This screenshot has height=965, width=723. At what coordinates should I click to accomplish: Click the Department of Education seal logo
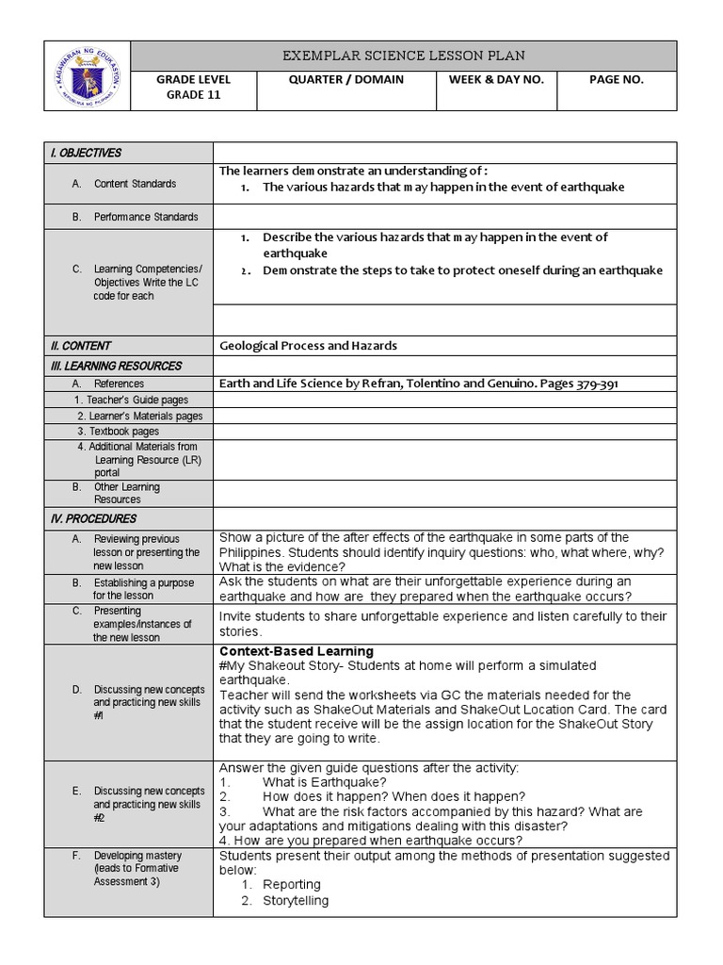[88, 76]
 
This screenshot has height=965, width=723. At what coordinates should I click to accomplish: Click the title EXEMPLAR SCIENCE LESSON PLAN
[404, 56]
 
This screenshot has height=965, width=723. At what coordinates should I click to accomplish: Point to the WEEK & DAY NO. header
[496, 80]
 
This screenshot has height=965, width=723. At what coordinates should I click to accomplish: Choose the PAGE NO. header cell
[616, 80]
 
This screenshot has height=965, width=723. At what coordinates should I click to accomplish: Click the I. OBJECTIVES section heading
[86, 153]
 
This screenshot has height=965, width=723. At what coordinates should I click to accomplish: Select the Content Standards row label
[135, 184]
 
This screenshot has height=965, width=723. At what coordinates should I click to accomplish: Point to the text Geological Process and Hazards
[308, 346]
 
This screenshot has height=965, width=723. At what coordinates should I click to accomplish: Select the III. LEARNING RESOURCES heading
[116, 366]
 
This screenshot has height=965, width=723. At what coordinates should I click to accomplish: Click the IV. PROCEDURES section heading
[93, 518]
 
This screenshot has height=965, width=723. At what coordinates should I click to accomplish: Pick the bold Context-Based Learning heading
[297, 651]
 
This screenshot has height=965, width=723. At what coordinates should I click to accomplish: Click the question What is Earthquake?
[324, 782]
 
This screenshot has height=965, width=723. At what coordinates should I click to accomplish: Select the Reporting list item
[292, 885]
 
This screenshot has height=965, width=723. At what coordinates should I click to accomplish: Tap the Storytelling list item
[296, 901]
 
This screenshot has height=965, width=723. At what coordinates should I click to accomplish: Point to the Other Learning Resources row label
[127, 493]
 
